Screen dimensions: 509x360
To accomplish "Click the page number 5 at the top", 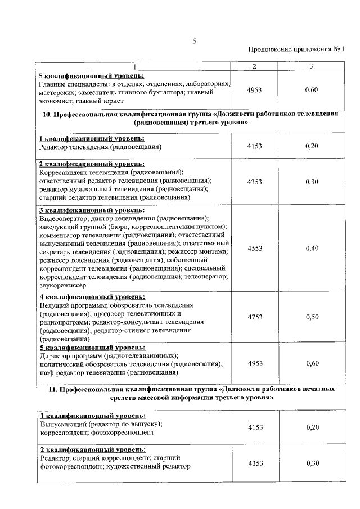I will coord(194,41).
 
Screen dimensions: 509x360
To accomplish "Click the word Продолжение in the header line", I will coord(269,49).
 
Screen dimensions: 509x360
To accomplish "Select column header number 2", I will coord(254,67).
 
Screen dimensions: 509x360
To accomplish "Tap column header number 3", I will coord(311,67).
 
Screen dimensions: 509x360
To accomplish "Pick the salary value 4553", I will coord(255,249).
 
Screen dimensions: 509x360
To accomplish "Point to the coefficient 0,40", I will coord(311,249).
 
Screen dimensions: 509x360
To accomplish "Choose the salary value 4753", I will coord(255,317).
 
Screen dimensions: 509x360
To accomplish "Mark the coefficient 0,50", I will coord(311,317).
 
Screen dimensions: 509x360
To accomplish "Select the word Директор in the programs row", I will coord(56,356).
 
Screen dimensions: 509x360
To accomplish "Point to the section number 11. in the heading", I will coord(47,389).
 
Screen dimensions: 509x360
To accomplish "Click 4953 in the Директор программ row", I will coord(255,364).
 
